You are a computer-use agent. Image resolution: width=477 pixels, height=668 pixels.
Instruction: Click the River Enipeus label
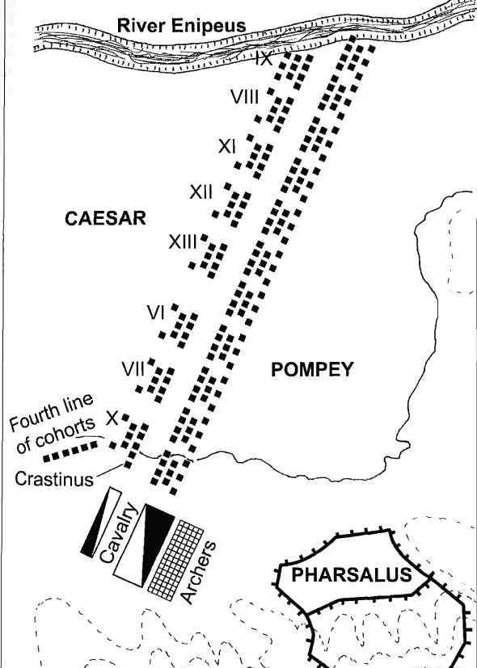tap(182, 26)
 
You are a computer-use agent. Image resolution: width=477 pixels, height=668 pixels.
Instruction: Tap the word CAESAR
tap(105, 219)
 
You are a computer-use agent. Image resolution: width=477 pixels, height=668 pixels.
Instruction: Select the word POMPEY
tap(312, 369)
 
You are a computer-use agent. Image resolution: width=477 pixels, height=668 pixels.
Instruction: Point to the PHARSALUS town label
tap(352, 575)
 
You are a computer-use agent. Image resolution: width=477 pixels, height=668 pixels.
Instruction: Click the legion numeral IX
tap(264, 58)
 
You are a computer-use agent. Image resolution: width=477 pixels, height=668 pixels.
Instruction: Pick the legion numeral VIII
tap(245, 97)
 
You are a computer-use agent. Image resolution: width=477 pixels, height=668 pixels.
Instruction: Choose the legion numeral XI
tap(227, 147)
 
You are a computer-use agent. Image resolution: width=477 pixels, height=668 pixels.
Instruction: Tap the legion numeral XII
tap(201, 192)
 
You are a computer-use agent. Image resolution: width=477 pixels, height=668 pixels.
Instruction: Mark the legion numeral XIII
tap(183, 242)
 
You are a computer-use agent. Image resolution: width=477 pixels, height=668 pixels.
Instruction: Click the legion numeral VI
tap(155, 313)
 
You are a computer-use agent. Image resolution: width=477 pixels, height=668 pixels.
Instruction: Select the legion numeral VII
tap(134, 369)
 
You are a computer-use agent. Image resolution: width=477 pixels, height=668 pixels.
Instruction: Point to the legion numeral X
tap(112, 418)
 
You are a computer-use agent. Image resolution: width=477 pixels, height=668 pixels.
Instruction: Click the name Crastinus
tap(54, 479)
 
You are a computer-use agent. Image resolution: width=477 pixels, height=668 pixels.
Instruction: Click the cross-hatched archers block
tap(175, 561)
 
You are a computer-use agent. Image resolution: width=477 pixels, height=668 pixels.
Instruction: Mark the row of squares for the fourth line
tap(70, 452)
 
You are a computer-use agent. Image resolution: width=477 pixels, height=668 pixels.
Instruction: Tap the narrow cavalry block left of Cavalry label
tap(100, 522)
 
